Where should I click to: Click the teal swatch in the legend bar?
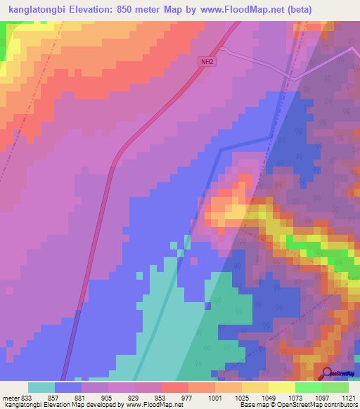[41, 387]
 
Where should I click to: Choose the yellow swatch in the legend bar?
[282, 387]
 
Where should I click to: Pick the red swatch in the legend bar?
[175, 387]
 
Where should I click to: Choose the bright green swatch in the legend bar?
[309, 387]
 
